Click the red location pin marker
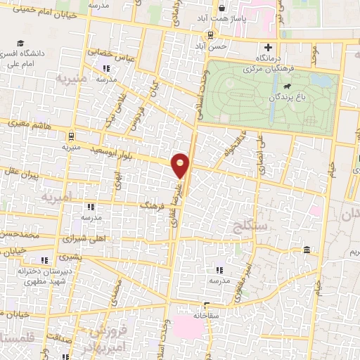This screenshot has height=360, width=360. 181,165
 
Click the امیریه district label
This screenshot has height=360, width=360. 58,198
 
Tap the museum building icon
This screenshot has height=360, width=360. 308,250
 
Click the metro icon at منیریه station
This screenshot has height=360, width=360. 71,135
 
